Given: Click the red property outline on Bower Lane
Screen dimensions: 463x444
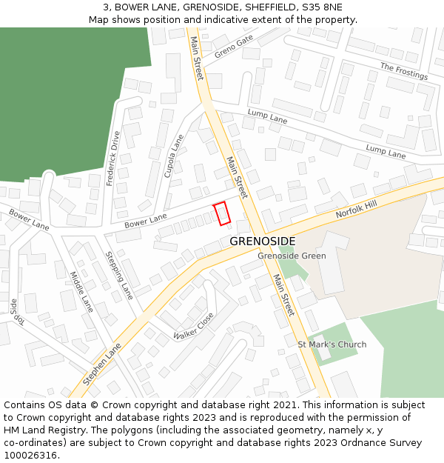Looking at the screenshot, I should point(222,213).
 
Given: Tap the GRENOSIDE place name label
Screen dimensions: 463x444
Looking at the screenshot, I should point(262,242).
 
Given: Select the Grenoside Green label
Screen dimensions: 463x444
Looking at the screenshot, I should point(292,256).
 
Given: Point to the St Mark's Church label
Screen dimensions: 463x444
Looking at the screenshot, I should point(332,344).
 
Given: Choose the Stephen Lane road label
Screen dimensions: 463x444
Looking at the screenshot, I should point(102,363).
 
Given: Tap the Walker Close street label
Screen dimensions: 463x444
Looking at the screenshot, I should point(193,326).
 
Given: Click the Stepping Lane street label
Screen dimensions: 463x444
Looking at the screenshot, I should point(119,275).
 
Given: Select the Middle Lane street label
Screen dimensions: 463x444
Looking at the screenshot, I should point(81,291).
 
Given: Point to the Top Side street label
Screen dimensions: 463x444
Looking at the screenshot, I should point(16,311).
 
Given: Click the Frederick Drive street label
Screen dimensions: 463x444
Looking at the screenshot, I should point(113,159).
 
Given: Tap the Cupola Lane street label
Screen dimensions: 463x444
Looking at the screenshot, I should point(174,156).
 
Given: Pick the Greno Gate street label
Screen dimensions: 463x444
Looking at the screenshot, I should point(234,46).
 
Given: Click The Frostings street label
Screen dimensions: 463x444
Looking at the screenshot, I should point(404,71).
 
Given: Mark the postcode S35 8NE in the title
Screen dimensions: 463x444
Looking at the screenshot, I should point(323,7).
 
